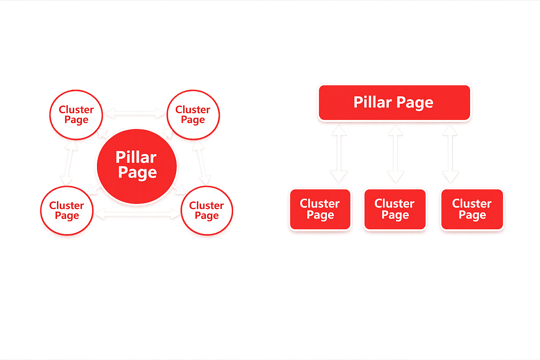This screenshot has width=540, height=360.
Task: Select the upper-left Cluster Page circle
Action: pyautogui.click(x=76, y=115)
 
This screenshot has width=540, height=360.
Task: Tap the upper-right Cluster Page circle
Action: pyautogui.click(x=193, y=115)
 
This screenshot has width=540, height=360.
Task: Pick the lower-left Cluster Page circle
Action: pyautogui.click(x=67, y=211)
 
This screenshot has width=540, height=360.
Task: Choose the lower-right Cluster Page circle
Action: pyautogui.click(x=207, y=211)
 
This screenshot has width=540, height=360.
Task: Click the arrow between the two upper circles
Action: pyautogui.click(x=135, y=113)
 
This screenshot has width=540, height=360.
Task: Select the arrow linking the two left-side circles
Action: pyautogui.click(x=69, y=162)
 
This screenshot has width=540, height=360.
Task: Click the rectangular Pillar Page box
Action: pyautogui.click(x=394, y=103)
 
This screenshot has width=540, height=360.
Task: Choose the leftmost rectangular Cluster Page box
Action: pyautogui.click(x=320, y=210)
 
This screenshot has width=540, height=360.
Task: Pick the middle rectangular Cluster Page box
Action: pyautogui.click(x=395, y=210)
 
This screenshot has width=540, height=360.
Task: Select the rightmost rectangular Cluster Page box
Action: pyautogui.click(x=472, y=210)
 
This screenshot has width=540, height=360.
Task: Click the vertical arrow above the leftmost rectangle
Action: pyautogui.click(x=339, y=154)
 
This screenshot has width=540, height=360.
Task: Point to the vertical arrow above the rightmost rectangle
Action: pyautogui.click(x=450, y=154)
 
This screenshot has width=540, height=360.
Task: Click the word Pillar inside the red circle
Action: pyautogui.click(x=136, y=157)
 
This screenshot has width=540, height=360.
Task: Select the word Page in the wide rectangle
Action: pyautogui.click(x=415, y=103)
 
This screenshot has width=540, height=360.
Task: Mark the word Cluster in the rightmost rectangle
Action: pyautogui.click(x=472, y=204)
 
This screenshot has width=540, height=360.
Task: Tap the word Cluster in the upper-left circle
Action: pyautogui.click(x=76, y=110)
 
